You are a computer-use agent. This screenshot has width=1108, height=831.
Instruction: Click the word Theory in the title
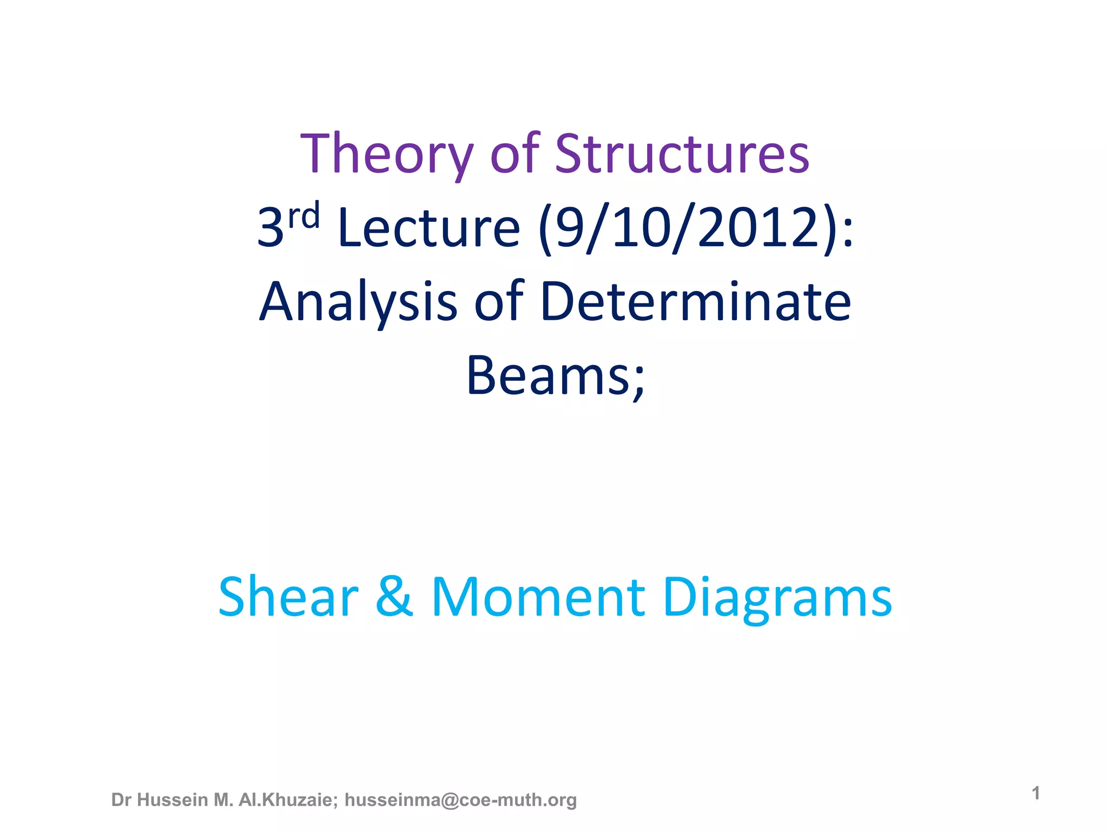(387, 155)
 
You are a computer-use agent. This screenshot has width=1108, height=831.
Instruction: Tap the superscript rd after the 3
(304, 216)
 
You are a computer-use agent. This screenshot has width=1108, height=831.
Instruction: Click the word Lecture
(428, 228)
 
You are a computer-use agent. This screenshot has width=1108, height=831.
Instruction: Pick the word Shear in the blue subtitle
(288, 597)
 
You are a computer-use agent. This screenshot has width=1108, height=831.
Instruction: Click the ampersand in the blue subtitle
(394, 597)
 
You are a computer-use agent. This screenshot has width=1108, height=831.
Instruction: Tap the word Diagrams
(777, 597)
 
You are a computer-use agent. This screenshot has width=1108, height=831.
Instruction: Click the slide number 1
(1036, 793)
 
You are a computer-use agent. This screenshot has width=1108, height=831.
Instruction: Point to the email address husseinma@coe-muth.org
(460, 800)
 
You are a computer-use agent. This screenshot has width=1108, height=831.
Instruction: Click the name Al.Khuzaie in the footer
(288, 800)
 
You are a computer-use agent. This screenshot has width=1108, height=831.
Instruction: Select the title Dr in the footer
(121, 800)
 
